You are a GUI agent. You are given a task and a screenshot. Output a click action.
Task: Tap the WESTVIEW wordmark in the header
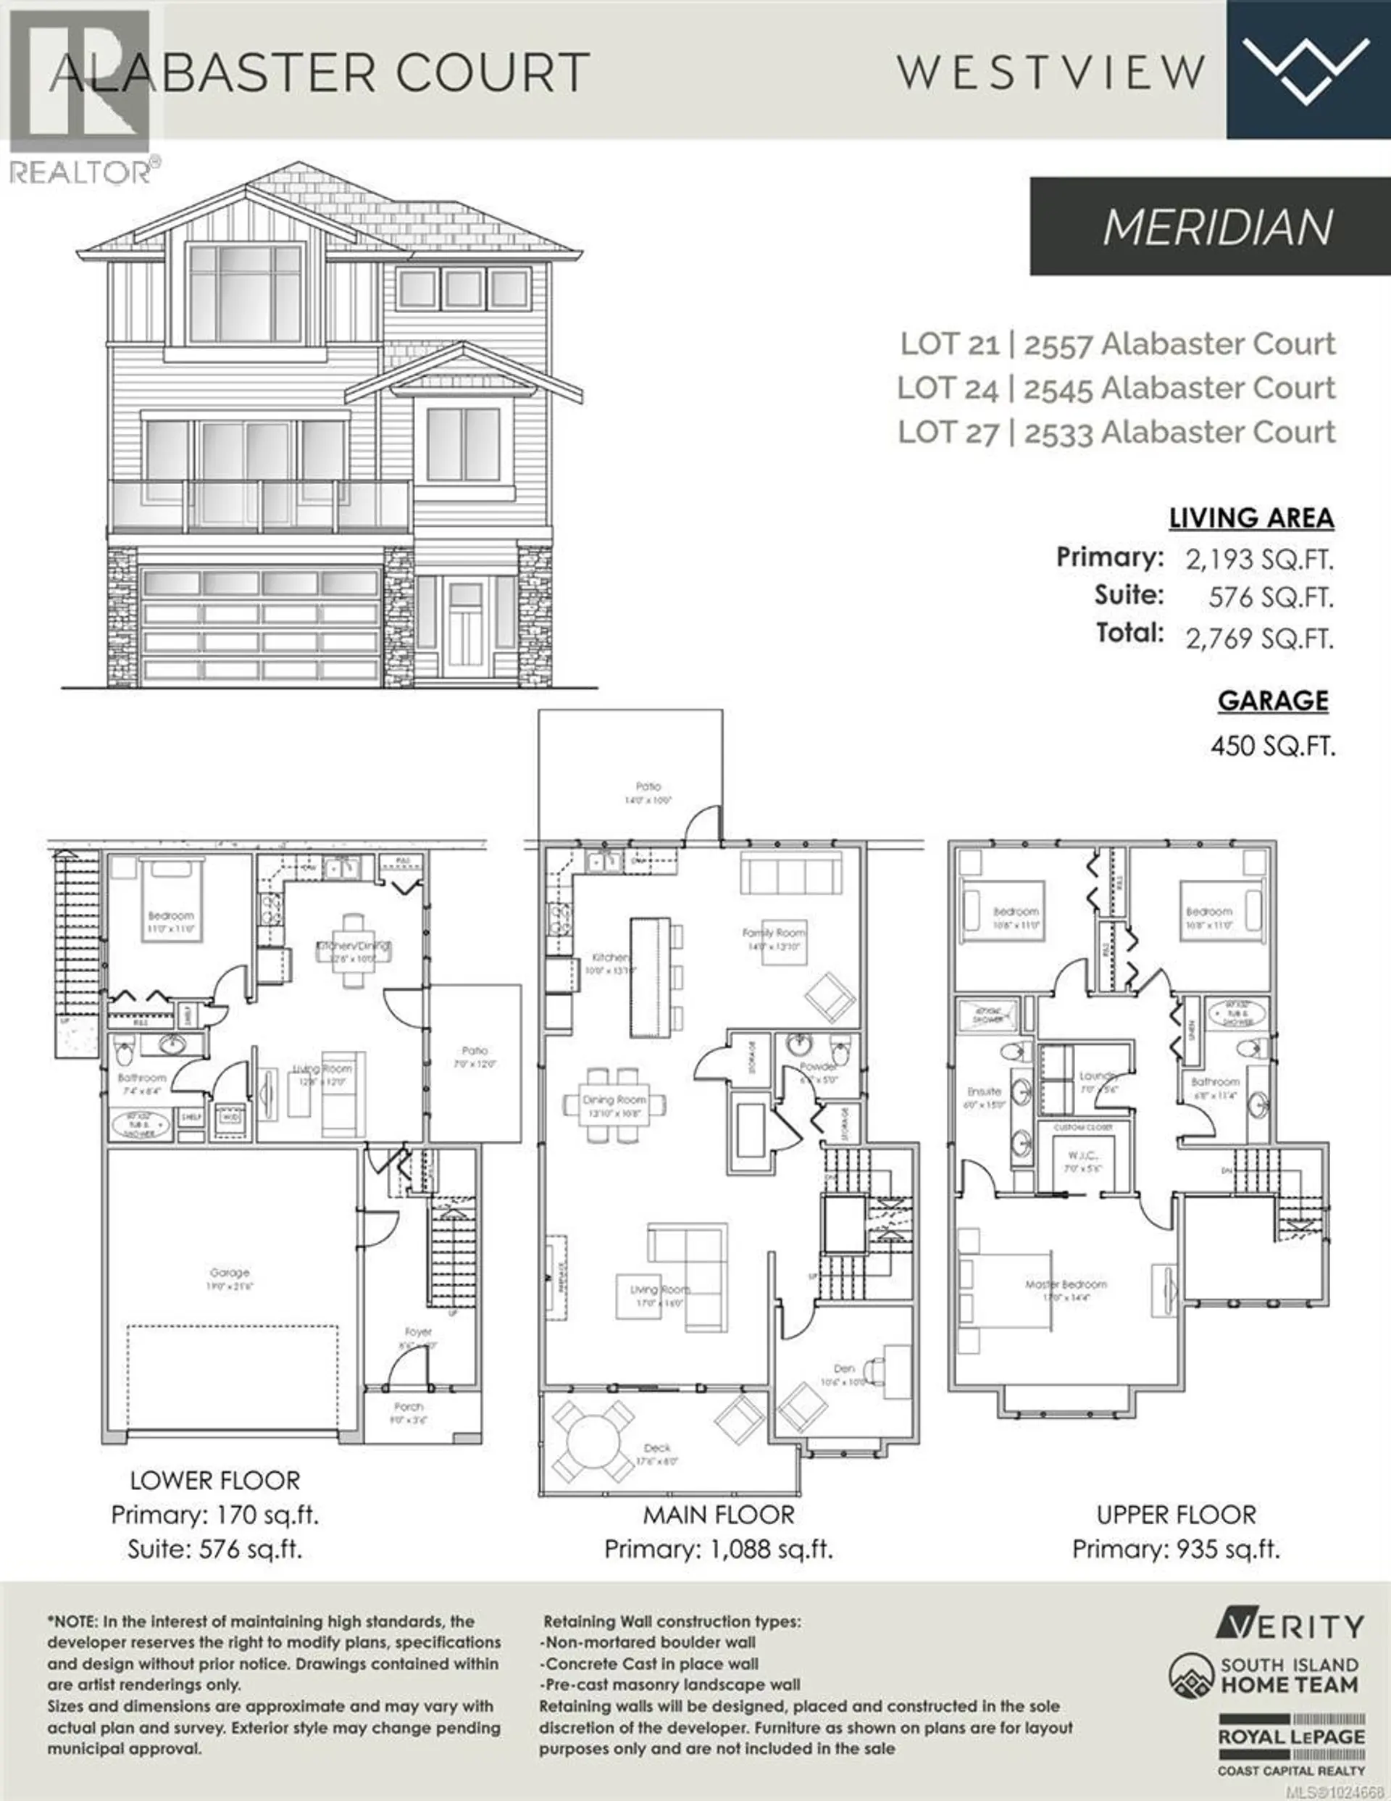(x=1051, y=72)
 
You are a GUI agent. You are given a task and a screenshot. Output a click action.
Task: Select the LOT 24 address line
(x=1116, y=388)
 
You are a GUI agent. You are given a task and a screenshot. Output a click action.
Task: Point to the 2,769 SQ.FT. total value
(x=1259, y=639)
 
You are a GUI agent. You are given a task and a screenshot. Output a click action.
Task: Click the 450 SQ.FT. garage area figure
(x=1272, y=746)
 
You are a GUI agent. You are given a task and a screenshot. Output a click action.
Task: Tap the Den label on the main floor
(x=843, y=1368)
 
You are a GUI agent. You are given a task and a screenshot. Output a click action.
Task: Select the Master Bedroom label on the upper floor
(x=1066, y=1284)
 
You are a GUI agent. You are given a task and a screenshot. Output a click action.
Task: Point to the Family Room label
(x=774, y=933)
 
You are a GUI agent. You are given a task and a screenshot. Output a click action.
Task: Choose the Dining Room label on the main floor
(x=614, y=1099)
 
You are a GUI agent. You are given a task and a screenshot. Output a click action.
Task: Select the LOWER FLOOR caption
(x=215, y=1480)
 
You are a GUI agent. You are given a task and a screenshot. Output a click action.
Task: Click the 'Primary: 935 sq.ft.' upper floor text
(x=1176, y=1550)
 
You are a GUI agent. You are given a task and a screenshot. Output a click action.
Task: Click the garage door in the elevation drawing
(x=261, y=624)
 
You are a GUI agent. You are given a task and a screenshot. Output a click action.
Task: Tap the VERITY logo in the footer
(x=1290, y=1626)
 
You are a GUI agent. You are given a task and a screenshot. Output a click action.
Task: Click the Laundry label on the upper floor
(x=1097, y=1076)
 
